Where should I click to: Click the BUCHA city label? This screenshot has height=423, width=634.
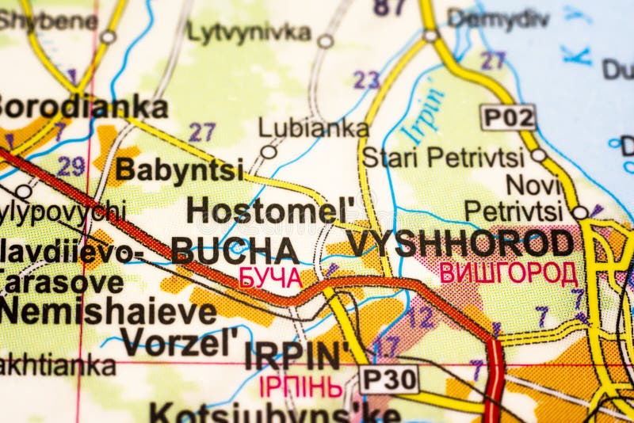(235, 250)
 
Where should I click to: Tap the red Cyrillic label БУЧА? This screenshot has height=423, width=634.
(270, 277)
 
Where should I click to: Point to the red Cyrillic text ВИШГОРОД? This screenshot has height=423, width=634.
(508, 273)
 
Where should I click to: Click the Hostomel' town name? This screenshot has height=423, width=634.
(270, 210)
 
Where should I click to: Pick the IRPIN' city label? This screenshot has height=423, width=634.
(292, 356)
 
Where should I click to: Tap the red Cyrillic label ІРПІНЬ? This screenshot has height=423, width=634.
(301, 387)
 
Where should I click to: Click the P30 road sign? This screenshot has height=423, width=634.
(389, 379)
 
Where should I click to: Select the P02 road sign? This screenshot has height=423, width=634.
(508, 117)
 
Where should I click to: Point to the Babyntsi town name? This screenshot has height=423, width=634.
(179, 169)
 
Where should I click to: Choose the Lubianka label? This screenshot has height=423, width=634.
(313, 128)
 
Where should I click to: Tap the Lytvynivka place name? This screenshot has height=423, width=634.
(248, 32)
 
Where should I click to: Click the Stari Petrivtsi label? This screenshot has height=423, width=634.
(443, 158)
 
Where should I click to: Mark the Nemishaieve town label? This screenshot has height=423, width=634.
(108, 311)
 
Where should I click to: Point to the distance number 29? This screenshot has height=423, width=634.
(71, 166)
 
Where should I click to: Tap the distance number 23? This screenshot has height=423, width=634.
(366, 79)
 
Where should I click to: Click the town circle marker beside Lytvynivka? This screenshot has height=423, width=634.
(325, 40)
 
